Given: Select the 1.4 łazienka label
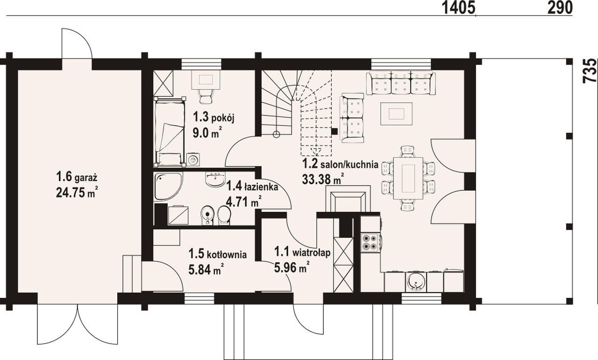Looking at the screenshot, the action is [252, 186].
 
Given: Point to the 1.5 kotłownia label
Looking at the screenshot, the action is [217, 254].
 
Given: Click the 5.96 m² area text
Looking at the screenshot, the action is [292, 267].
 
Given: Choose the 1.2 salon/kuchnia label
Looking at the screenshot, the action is [340, 164].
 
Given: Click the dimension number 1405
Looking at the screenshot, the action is [459, 7].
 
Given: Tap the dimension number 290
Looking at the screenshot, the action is [560, 7].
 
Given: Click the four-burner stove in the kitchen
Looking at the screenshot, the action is [369, 243].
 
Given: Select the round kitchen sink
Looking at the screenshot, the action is [415, 282].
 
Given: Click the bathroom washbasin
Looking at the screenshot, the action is [215, 179].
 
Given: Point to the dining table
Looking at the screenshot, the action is [408, 179].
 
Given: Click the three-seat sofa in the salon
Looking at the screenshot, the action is [401, 83].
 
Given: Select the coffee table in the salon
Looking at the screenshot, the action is [397, 114].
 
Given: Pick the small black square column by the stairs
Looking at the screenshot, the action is [334, 131].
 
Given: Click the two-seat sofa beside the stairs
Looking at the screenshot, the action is [352, 118].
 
